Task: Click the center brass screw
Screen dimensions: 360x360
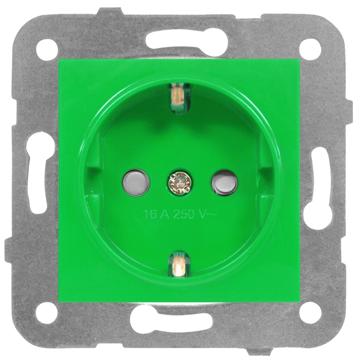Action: point(180,182)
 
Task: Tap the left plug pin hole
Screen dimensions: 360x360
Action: point(136,183)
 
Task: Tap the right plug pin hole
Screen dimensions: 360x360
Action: point(224,183)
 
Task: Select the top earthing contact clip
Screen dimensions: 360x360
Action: point(179,98)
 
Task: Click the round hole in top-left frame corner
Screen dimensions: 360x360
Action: point(47,50)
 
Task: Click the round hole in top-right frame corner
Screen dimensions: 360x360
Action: point(310,49)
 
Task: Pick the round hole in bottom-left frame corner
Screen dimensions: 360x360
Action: point(46,313)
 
